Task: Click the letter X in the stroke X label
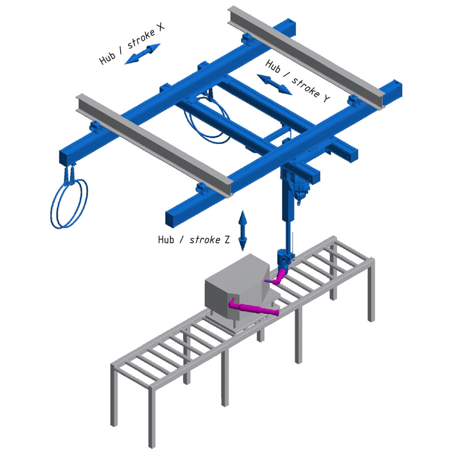point(160,27)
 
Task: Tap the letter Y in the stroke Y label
point(326,98)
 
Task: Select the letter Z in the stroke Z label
point(227,239)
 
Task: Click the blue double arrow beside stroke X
point(143,53)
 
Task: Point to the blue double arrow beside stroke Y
point(274,84)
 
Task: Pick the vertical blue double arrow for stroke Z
point(242,231)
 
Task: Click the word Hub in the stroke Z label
point(166,239)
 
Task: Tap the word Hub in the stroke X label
point(107,58)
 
